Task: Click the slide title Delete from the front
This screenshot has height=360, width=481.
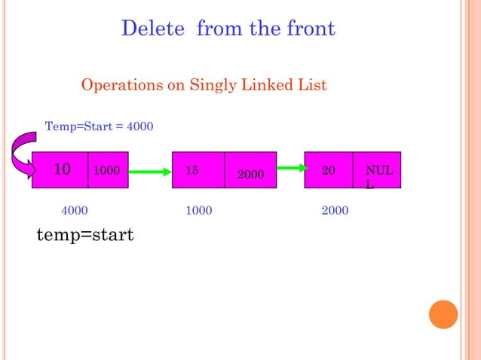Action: [x=228, y=29]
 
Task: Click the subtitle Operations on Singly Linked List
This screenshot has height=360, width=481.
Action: [x=204, y=85]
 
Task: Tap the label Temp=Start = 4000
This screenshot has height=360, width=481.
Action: [x=100, y=126]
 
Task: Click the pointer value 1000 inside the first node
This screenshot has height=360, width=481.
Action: [x=107, y=171]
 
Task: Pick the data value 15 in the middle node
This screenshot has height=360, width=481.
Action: [x=192, y=171]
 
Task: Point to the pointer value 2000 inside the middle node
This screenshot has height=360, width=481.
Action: [x=250, y=175]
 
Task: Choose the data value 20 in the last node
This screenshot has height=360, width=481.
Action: [x=329, y=171]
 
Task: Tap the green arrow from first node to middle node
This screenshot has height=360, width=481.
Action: [x=150, y=172]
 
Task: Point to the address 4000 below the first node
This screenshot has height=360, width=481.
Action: [x=74, y=211]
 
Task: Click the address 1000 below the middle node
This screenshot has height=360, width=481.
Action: [x=198, y=211]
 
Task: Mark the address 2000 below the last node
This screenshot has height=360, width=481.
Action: [x=335, y=211]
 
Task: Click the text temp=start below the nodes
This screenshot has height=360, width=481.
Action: [x=85, y=236]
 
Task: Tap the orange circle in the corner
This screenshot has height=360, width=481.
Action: [x=443, y=314]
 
